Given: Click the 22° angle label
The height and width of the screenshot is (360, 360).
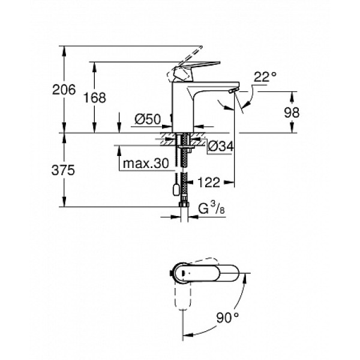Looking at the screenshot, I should (x=264, y=77).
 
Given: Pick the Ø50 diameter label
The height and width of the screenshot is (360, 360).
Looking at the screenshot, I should (x=147, y=119).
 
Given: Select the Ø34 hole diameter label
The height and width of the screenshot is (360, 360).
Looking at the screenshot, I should (x=221, y=145).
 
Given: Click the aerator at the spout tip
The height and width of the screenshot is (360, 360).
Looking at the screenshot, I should (x=232, y=90).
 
